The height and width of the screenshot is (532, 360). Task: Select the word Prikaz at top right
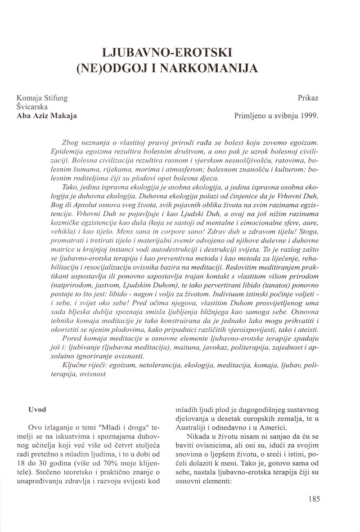pyautogui.click(x=308, y=97)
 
